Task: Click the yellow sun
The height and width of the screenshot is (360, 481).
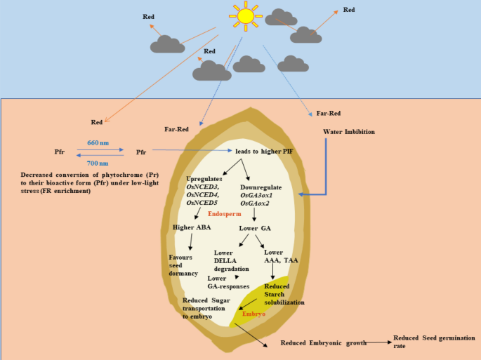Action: (245, 15)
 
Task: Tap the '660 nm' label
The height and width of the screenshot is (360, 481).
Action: (98, 142)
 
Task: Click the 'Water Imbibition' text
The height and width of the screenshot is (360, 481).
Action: (349, 131)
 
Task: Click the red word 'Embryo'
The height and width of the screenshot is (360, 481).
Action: (253, 314)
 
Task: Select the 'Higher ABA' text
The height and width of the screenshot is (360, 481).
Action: (192, 227)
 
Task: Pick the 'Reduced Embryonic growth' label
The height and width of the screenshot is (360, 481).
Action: (324, 342)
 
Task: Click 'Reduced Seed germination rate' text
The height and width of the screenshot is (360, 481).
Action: (430, 341)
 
